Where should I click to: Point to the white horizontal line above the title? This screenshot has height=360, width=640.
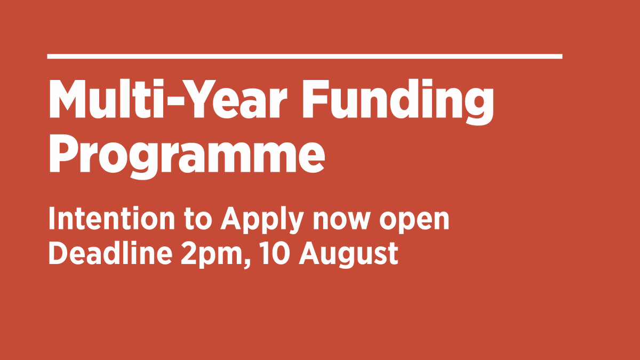pyautogui.click(x=305, y=56)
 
